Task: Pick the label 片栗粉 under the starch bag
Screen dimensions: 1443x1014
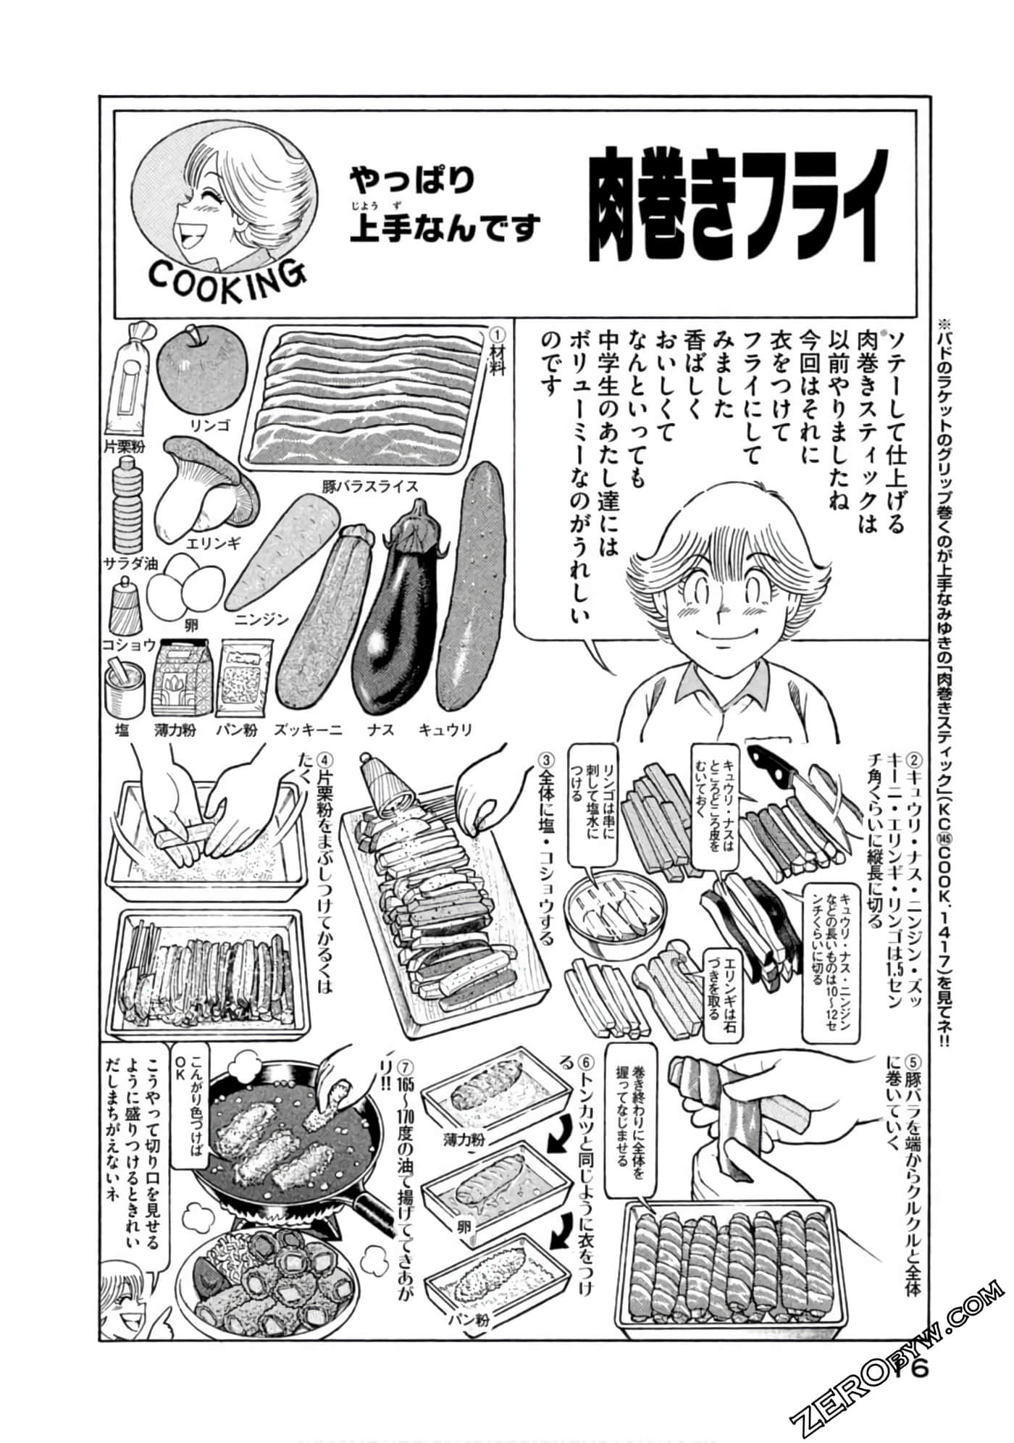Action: pyautogui.click(x=123, y=446)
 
